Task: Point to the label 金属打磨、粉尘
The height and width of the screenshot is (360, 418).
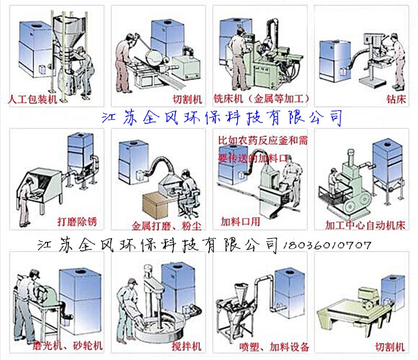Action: pyautogui.click(x=166, y=226)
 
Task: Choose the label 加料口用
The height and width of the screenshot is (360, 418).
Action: pyautogui.click(x=241, y=220)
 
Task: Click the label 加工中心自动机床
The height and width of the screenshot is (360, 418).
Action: pyautogui.click(x=365, y=226)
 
